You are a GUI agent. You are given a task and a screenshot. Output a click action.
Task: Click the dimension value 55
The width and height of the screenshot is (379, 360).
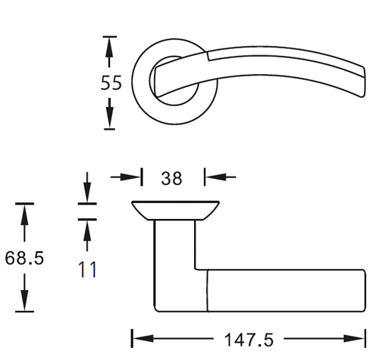click(111, 83)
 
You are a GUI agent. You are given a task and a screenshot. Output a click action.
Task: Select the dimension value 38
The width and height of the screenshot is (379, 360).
click(171, 178)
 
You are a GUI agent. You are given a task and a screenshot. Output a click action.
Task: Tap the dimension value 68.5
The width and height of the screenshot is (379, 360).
click(24, 258)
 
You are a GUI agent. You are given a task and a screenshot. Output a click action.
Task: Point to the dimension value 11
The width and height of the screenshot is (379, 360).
click(87, 270)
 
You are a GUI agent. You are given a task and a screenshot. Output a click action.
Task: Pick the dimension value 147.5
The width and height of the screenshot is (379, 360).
click(249, 340)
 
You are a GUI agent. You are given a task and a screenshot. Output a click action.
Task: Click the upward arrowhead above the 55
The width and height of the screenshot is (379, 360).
click(109, 48)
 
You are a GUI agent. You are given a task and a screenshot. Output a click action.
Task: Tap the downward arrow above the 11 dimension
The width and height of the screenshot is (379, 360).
click(87, 187)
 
